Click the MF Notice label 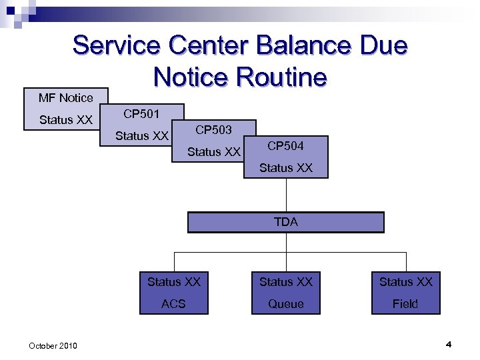[65, 98]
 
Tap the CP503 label [213, 129]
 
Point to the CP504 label [285, 146]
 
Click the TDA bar [285, 222]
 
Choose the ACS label [173, 303]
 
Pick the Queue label [285, 303]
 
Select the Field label [405, 303]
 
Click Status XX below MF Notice [65, 120]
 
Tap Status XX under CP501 [141, 136]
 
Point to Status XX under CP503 [213, 152]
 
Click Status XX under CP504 [285, 168]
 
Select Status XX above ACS [173, 282]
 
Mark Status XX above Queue [285, 282]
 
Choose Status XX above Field [405, 282]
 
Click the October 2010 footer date [53, 345]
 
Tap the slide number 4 [449, 344]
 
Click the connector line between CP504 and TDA [286, 195]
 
